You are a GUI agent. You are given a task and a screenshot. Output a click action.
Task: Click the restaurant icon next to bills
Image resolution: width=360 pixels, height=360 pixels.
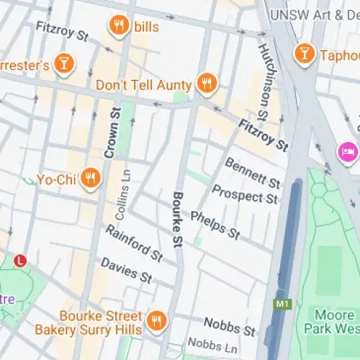[119, 27]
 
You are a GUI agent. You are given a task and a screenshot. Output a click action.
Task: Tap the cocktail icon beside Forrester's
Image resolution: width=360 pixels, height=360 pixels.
[64, 63]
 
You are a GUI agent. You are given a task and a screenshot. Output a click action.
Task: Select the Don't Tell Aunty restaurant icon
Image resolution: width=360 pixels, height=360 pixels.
[207, 84]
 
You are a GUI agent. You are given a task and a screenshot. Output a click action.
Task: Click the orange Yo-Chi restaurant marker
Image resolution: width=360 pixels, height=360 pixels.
[90, 178]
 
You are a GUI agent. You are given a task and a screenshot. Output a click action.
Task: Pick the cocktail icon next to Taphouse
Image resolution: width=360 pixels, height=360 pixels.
[305, 54]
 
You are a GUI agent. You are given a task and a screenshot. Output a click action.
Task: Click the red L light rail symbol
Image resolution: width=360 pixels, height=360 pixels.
[20, 259]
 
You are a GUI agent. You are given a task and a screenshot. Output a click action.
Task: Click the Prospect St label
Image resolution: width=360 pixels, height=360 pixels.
[246, 191]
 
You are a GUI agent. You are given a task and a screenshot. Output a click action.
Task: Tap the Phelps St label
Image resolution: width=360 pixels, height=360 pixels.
[215, 225]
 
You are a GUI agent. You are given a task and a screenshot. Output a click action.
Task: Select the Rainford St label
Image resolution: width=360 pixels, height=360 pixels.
[133, 243]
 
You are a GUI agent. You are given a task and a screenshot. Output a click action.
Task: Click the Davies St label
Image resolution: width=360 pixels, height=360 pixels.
[126, 270]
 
